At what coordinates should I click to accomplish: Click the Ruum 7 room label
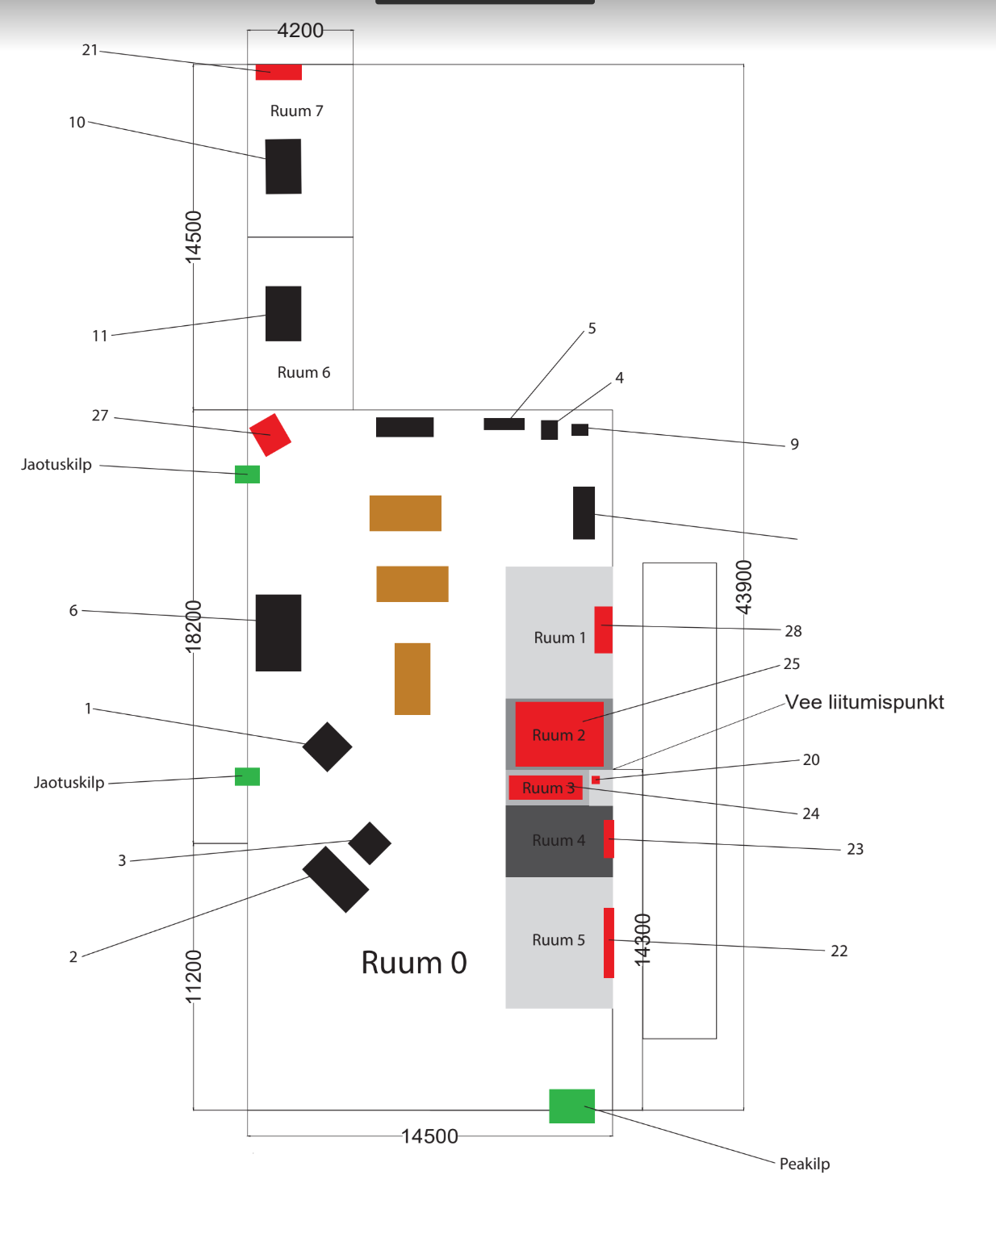coord(296,111)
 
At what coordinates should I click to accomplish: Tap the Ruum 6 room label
coord(303,373)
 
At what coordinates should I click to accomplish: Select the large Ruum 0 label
coord(413,963)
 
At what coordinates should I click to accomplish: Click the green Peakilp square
coord(571,1106)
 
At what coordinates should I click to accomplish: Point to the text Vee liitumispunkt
coord(864,702)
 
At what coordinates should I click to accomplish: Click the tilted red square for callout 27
coord(270,435)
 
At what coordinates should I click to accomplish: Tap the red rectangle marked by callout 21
coord(278,72)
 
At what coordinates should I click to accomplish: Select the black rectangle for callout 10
coord(283,166)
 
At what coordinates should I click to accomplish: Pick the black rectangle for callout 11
coord(283,313)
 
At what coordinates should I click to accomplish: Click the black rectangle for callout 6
coord(278,633)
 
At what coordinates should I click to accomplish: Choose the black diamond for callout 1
coord(327,746)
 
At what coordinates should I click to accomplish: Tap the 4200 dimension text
coord(300,31)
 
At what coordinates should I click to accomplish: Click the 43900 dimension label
coord(743,587)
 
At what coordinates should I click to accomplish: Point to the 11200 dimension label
coord(194,976)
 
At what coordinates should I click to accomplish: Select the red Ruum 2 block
coord(559,734)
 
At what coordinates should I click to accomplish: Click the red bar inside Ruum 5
coord(609,943)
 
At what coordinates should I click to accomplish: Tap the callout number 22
coord(839,951)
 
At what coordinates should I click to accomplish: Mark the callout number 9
coord(794,445)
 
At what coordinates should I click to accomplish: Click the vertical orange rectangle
coord(412,679)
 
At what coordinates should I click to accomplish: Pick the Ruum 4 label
coord(559,841)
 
